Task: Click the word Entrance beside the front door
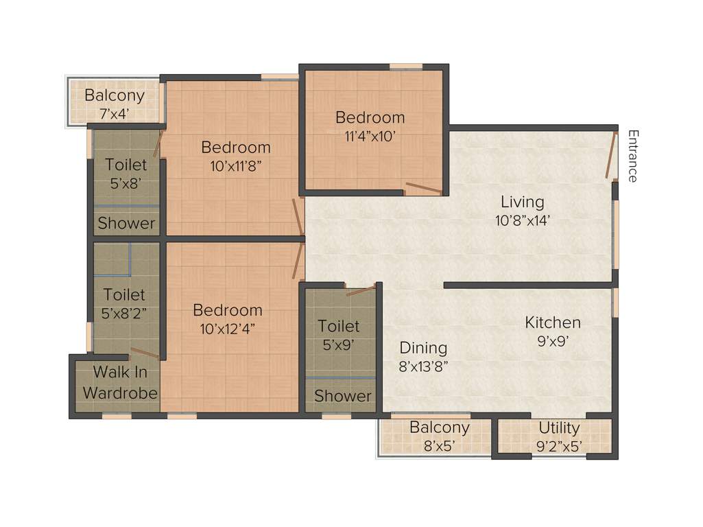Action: pos(632,156)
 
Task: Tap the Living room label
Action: pos(522,202)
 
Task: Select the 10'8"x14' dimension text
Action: pos(522,221)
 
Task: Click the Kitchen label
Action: pos(553,322)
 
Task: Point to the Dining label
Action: pos(423,348)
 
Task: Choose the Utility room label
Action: pos(559,428)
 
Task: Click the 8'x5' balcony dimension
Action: pos(439,446)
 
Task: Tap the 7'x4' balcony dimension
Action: pos(114,113)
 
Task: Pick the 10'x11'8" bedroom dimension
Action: pos(235,165)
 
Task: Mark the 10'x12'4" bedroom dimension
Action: pos(227,328)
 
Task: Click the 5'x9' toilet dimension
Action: pos(338,344)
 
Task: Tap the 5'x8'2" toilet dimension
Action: pos(124,313)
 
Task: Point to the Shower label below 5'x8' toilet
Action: pos(126,223)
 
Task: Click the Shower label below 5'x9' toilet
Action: pos(343,396)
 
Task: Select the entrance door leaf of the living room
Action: pos(610,156)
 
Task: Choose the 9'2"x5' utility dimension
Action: pos(559,447)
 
